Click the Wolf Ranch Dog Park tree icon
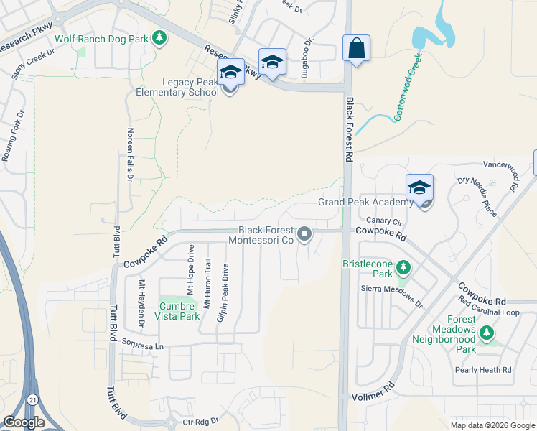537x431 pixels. tap(159, 38)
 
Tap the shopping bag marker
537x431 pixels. tap(356, 49)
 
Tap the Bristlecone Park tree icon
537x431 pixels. tap(403, 268)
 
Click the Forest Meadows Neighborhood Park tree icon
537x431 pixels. tap(487, 333)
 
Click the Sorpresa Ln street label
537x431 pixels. tap(143, 346)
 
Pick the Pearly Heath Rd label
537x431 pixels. tap(482, 370)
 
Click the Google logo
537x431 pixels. tap(24, 422)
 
